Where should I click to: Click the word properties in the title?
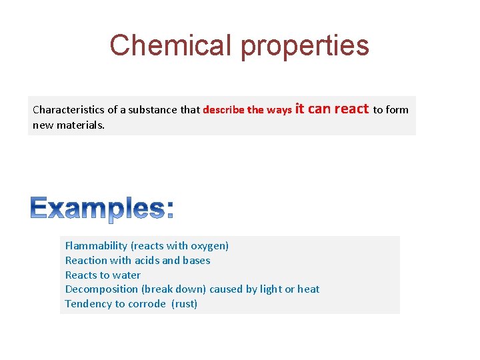[x=305, y=46]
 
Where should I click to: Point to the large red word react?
[x=351, y=109]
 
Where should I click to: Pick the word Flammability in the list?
[x=96, y=246]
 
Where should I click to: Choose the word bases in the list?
[x=196, y=261]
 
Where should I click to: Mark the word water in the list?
[x=127, y=275]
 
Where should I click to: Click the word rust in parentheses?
[x=185, y=304]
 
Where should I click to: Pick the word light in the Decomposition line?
[x=270, y=289]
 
